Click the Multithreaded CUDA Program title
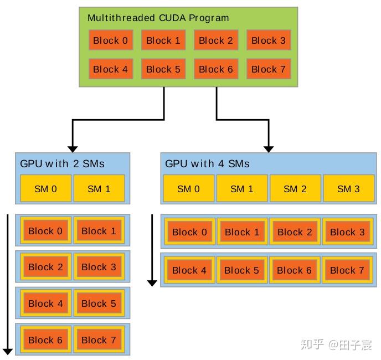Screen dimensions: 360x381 [158, 18]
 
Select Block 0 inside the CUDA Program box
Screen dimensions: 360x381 [110, 40]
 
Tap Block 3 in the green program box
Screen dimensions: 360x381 [268, 40]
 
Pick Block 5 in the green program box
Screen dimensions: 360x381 [163, 69]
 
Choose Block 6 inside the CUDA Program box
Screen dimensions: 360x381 [215, 69]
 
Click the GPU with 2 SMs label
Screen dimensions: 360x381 [62, 163]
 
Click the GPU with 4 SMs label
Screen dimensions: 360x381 [207, 163]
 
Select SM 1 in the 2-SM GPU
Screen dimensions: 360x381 [99, 189]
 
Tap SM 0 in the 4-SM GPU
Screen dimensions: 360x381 [188, 189]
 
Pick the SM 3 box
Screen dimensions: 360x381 [348, 189]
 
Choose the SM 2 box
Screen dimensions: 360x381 [295, 189]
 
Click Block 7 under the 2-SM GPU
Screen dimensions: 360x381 [99, 340]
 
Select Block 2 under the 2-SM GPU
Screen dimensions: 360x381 [45, 267]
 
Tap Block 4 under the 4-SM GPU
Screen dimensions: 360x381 [189, 270]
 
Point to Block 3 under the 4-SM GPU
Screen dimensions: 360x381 [347, 232]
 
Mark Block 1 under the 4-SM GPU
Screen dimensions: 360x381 [241, 232]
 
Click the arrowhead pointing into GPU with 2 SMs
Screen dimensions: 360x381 [72, 148]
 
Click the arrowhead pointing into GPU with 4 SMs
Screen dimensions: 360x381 [269, 148]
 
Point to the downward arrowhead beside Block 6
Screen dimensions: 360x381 [8, 350]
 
